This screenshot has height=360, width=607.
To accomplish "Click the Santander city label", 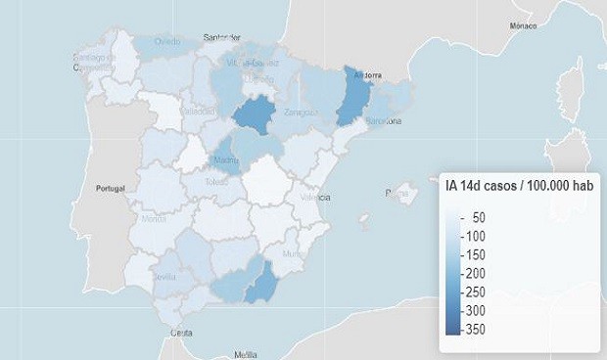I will (x=222, y=38).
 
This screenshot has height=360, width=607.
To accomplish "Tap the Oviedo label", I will (x=167, y=41).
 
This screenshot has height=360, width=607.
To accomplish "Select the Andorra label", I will (x=365, y=74).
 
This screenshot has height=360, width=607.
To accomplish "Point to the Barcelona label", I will (x=383, y=121).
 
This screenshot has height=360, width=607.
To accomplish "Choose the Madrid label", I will (x=226, y=159).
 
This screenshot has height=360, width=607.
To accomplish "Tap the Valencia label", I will (x=315, y=197).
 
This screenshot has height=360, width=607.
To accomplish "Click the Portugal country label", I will (x=112, y=188).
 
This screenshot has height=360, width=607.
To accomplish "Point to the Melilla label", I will (x=246, y=353).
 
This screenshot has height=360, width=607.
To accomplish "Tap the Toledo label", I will (x=217, y=182).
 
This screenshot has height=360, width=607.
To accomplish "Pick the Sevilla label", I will (x=165, y=277).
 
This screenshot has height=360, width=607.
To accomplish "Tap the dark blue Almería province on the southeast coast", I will (x=259, y=283).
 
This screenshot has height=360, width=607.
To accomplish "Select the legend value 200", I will (x=473, y=273).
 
